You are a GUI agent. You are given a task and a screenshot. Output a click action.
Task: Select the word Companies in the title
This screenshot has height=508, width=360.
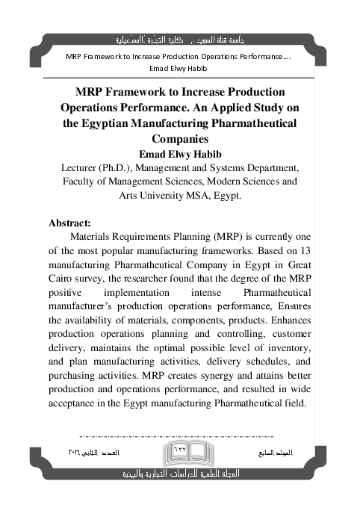pyautogui.click(x=180, y=139)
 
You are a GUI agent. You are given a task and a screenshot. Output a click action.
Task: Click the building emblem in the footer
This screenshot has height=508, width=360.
pyautogui.click(x=180, y=454)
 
